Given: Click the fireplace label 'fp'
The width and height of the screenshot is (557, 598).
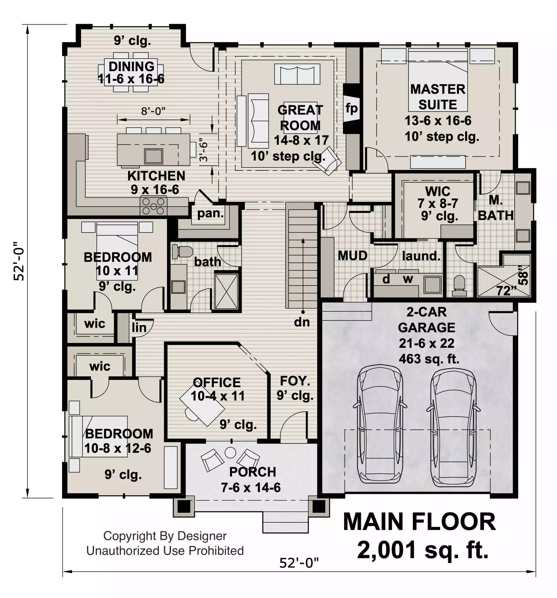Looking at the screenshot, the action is click(x=351, y=108).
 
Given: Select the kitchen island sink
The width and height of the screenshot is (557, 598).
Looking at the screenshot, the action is click(x=153, y=156).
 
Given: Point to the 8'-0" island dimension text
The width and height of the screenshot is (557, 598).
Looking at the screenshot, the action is click(x=153, y=111).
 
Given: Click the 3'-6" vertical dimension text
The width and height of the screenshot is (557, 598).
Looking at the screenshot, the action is click(x=203, y=149).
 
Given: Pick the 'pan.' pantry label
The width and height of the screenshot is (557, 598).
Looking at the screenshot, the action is click(x=210, y=213).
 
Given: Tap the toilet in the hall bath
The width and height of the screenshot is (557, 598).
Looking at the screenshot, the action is click(x=182, y=252).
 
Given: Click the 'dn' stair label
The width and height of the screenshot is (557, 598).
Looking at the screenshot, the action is click(x=302, y=322).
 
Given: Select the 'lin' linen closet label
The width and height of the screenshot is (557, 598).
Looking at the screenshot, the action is click(x=139, y=328).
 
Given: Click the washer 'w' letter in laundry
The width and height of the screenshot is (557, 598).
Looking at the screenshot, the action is click(x=408, y=279).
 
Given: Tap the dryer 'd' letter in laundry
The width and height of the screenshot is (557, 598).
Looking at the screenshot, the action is click(x=386, y=279).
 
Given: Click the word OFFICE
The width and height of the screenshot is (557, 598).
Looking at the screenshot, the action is click(x=217, y=383).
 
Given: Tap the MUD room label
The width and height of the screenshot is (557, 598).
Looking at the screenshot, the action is click(x=353, y=256).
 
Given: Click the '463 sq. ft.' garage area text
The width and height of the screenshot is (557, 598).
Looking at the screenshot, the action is click(x=429, y=359).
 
